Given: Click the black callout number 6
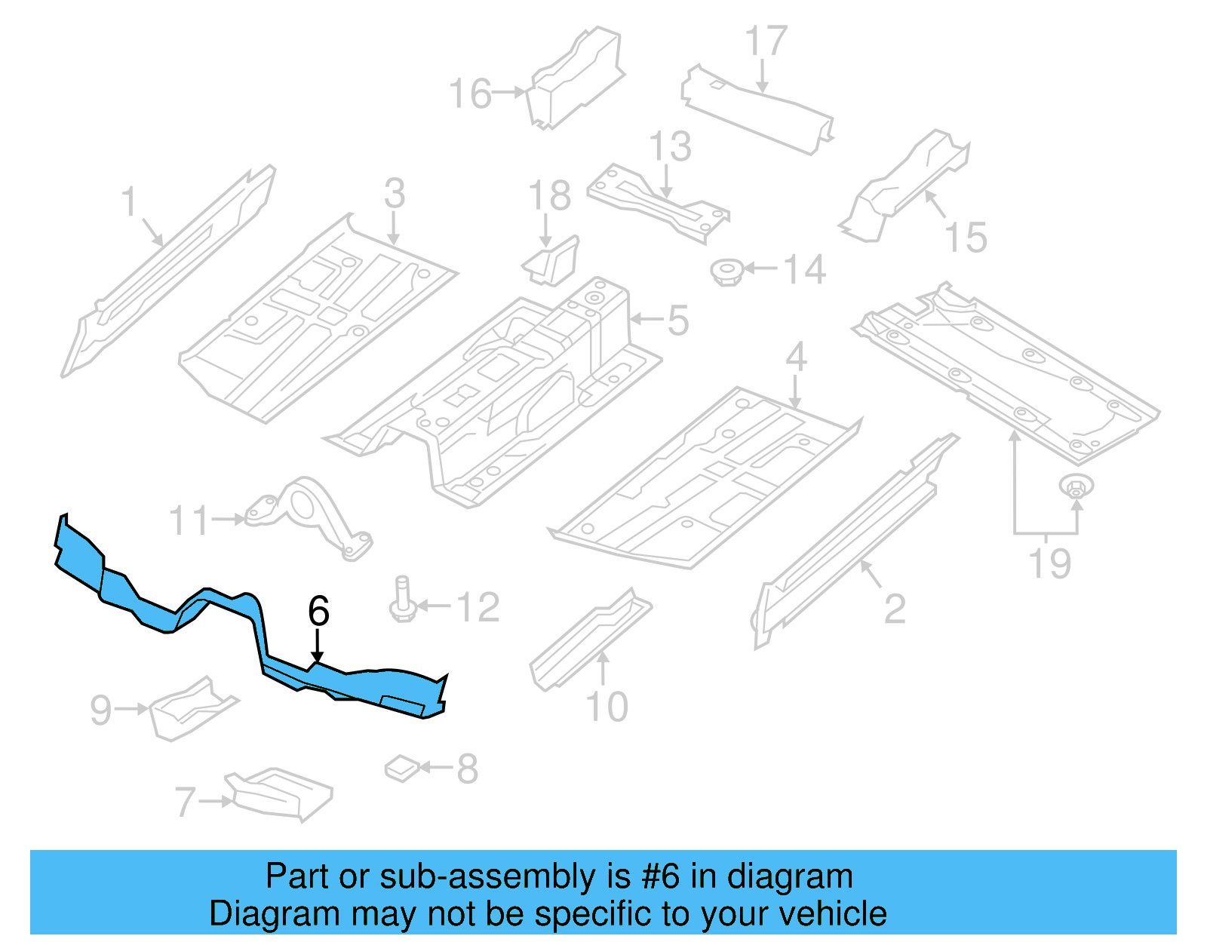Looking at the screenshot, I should (319, 610).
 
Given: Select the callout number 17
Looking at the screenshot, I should (766, 41).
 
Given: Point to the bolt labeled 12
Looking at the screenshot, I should (401, 600).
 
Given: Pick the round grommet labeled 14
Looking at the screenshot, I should (727, 271).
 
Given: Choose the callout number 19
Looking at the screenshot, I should (1049, 563).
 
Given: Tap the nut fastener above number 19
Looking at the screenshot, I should (1076, 486).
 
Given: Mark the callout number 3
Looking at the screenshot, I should (395, 193).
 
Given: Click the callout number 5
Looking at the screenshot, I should (677, 321).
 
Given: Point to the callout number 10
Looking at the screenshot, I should (607, 707).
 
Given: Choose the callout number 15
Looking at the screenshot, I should (966, 238).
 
